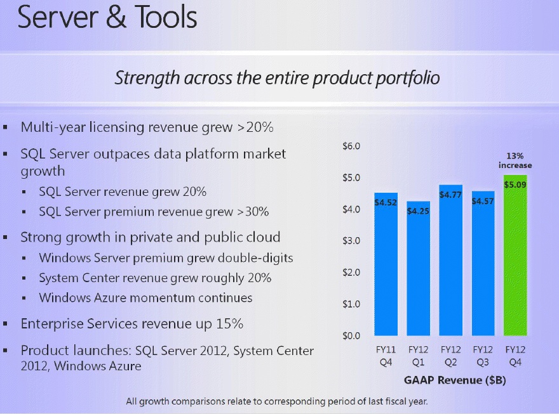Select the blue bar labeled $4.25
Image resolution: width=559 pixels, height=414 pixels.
pyautogui.click(x=418, y=273)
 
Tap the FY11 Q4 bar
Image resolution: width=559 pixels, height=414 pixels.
pyautogui.click(x=386, y=266)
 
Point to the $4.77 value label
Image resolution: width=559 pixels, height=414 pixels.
pyautogui.click(x=450, y=195)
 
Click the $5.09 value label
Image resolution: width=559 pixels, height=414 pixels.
pyautogui.click(x=515, y=184)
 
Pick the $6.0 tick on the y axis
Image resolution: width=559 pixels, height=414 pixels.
pyautogui.click(x=351, y=146)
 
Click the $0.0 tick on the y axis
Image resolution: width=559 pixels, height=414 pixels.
pyautogui.click(x=351, y=335)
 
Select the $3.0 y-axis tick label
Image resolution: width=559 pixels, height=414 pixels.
pyautogui.click(x=351, y=241)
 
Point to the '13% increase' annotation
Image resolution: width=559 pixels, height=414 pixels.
pyautogui.click(x=515, y=160)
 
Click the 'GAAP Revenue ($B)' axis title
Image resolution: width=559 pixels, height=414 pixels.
pyautogui.click(x=454, y=380)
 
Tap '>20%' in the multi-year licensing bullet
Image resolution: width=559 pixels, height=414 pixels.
pyautogui.click(x=255, y=127)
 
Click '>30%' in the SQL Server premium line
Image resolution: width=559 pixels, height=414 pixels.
pyautogui.click(x=251, y=211)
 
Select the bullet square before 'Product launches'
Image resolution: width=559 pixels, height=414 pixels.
pyautogui.click(x=6, y=351)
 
